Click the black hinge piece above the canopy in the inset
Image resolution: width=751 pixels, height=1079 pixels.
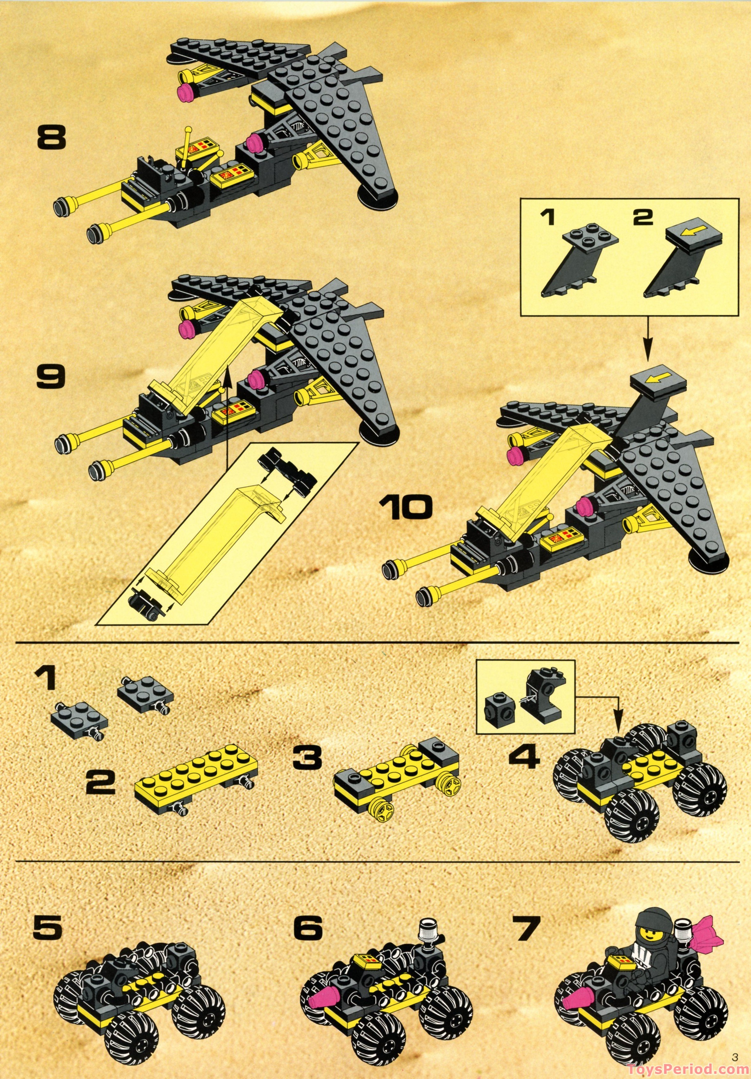click(x=286, y=470)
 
